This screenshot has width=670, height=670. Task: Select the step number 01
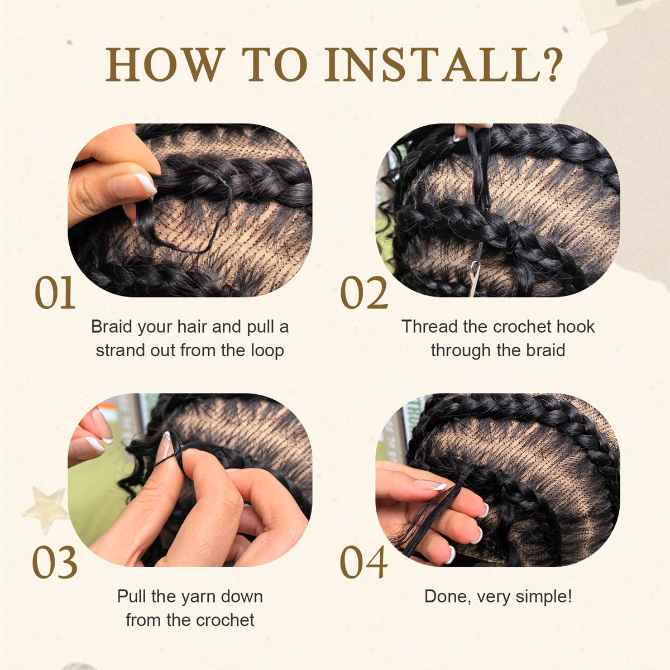55,293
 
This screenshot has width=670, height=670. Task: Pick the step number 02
364,293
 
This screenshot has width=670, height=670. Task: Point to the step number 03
55,563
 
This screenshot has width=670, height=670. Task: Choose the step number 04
364,563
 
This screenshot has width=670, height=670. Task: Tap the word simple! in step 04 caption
544,596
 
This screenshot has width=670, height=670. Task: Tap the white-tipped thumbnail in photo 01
144,184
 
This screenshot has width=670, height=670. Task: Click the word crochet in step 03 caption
225,620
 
